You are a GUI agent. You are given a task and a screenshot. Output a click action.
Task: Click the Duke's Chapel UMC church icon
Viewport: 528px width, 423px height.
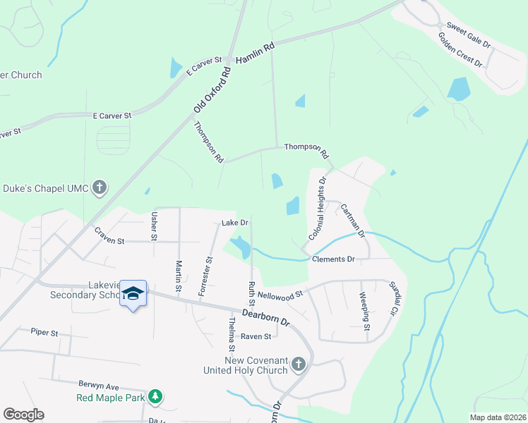coord(100,188)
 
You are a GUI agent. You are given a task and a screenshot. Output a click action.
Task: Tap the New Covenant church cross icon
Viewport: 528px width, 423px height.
coord(298,364)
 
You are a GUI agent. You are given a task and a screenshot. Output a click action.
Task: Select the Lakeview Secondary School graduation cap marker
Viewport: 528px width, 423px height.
coord(132,294)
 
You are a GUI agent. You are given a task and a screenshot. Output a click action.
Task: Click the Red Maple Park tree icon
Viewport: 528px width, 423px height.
coord(155,398)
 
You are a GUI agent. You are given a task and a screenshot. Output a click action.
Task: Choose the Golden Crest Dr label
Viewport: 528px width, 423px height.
coord(460,50)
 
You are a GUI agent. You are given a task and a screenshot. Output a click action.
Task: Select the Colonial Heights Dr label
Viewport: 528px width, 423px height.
coord(317,207)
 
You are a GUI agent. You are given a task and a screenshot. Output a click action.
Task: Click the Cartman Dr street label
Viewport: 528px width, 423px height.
coord(352,219)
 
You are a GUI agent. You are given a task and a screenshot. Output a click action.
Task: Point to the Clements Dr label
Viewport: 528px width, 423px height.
coord(332,259)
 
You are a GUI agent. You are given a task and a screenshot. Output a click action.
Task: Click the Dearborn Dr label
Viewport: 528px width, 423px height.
coord(266,315)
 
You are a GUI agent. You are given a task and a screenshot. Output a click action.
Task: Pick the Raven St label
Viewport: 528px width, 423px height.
coord(256,337)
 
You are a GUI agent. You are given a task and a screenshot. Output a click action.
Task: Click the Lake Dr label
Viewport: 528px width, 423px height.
coord(235,223)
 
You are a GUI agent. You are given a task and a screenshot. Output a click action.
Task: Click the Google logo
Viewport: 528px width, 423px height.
coord(23,414)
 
